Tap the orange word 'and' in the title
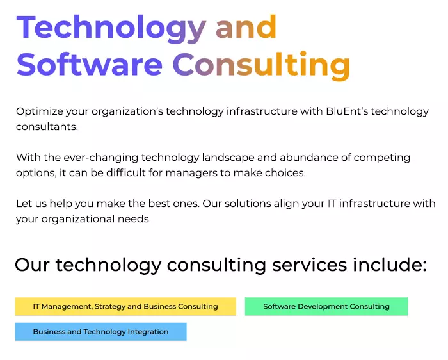point(246,27)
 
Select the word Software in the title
point(90,64)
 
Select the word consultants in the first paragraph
point(47,127)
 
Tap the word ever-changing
point(101,158)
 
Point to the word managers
point(191,174)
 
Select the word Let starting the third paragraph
point(24,204)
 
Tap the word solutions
point(248,204)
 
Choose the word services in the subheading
point(309,265)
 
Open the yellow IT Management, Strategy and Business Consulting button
point(125,307)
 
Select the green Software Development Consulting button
point(326,307)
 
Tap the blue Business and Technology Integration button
point(101,332)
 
